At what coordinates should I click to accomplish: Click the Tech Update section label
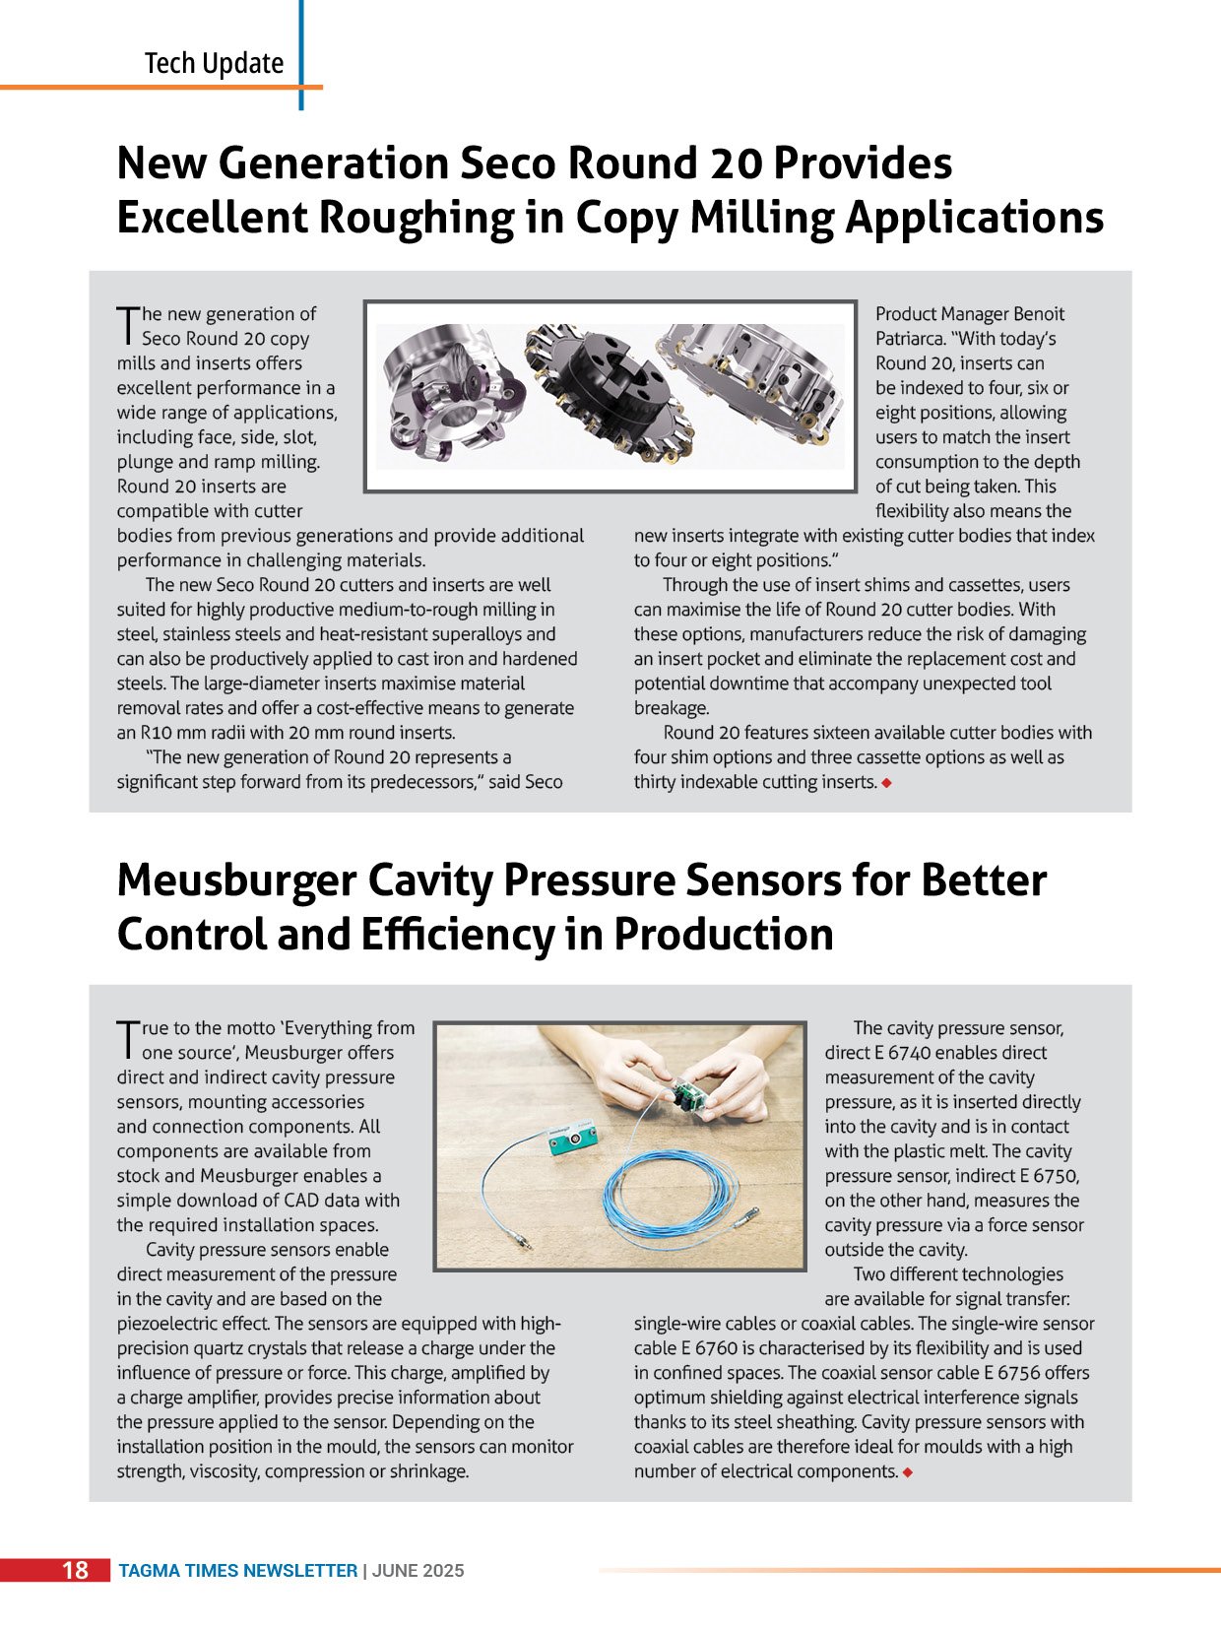click(214, 64)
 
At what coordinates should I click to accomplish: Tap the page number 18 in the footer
click(76, 1570)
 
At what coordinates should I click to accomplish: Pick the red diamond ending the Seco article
click(887, 783)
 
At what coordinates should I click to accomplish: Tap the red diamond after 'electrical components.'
click(907, 1472)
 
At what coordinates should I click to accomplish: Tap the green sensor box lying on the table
click(572, 1143)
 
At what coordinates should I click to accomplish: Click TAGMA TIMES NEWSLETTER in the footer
click(237, 1571)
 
